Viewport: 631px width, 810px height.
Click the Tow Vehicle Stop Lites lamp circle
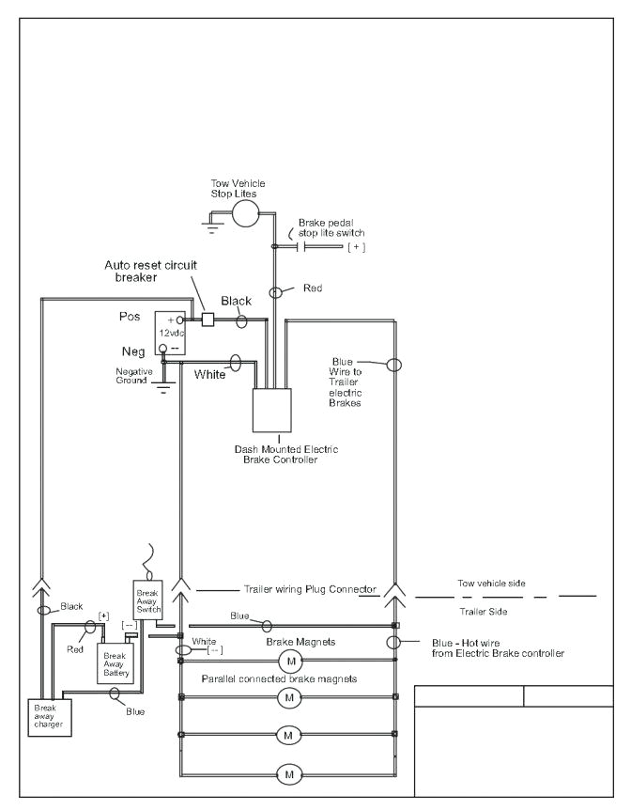(x=246, y=212)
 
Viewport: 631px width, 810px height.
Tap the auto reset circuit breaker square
(x=208, y=319)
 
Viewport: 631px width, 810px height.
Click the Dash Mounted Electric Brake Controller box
(x=274, y=408)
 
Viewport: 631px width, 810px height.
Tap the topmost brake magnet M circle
(x=287, y=663)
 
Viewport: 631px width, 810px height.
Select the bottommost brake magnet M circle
(x=287, y=774)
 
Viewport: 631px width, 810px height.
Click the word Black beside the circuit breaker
(x=236, y=301)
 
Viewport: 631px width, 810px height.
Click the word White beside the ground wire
(x=209, y=374)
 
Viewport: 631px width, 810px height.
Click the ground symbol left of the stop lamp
(x=212, y=225)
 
